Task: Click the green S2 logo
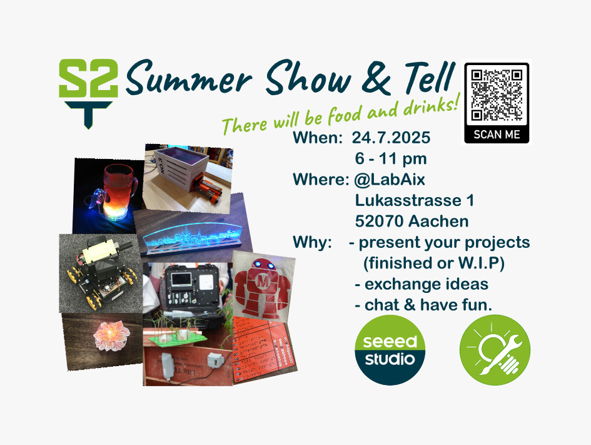pyautogui.click(x=89, y=93)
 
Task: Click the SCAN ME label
pyautogui.click(x=497, y=135)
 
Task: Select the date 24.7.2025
pyautogui.click(x=391, y=138)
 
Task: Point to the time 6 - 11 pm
pyautogui.click(x=391, y=159)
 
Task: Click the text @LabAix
pyautogui.click(x=390, y=180)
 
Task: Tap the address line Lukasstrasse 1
pyautogui.click(x=415, y=201)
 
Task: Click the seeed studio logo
pyautogui.click(x=390, y=350)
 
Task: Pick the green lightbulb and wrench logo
pyautogui.click(x=495, y=350)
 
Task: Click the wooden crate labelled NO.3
pyautogui.click(x=188, y=178)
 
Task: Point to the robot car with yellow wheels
pyautogui.click(x=101, y=273)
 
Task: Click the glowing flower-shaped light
pyautogui.click(x=111, y=335)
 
